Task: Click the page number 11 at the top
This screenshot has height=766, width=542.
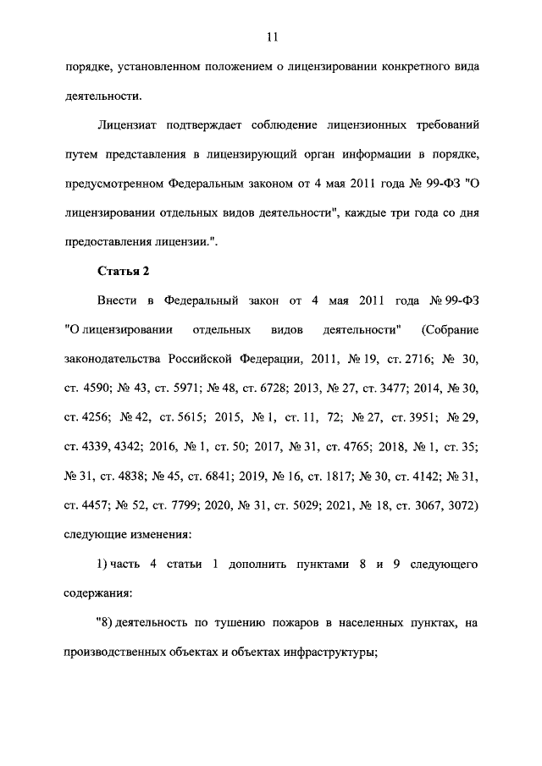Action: click(x=271, y=37)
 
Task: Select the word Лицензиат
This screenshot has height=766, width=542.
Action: click(x=130, y=124)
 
